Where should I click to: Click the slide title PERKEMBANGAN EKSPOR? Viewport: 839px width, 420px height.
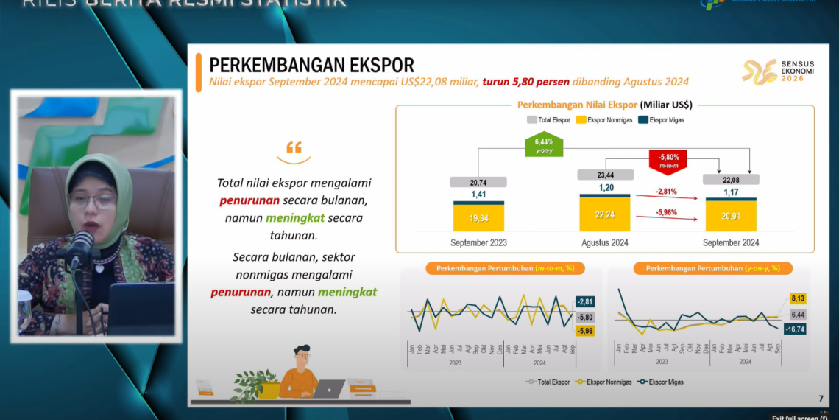click(312, 65)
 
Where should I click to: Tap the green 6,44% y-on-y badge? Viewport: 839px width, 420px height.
click(543, 144)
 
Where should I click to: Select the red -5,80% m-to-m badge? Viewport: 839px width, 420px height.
click(668, 161)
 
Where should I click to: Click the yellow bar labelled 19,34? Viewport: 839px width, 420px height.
click(478, 218)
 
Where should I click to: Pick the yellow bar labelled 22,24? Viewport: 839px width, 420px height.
click(605, 214)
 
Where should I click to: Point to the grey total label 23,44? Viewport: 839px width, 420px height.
click(605, 175)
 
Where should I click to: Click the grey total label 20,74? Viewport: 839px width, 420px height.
click(478, 182)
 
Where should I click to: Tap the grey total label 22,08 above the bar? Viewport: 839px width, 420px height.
click(731, 179)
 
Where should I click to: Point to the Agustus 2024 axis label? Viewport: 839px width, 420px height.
click(605, 242)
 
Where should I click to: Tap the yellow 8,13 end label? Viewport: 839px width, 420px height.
click(798, 298)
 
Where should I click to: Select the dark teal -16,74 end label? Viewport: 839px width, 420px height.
click(796, 329)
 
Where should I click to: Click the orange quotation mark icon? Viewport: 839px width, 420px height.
click(294, 147)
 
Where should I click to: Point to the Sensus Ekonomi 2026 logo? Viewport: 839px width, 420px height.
click(777, 72)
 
